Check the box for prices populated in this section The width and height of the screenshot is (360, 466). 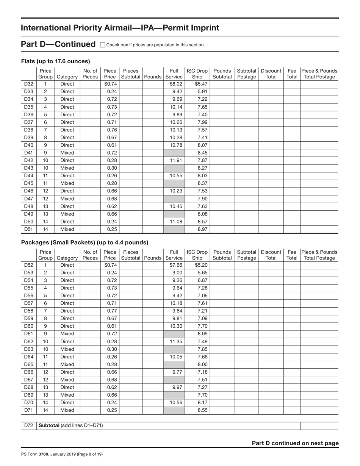102,45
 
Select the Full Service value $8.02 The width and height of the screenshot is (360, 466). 176,84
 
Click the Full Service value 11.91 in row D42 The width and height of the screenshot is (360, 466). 176,160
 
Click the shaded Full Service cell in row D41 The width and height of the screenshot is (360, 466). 174,153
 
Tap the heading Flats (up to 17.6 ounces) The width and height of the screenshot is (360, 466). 55,61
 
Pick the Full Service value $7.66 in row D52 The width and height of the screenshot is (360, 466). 176,265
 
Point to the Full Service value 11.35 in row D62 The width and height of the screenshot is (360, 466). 176,341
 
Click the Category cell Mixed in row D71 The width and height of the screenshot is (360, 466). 67,410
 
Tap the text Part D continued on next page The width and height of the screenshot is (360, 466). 295,443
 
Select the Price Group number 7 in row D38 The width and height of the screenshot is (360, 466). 45,130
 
